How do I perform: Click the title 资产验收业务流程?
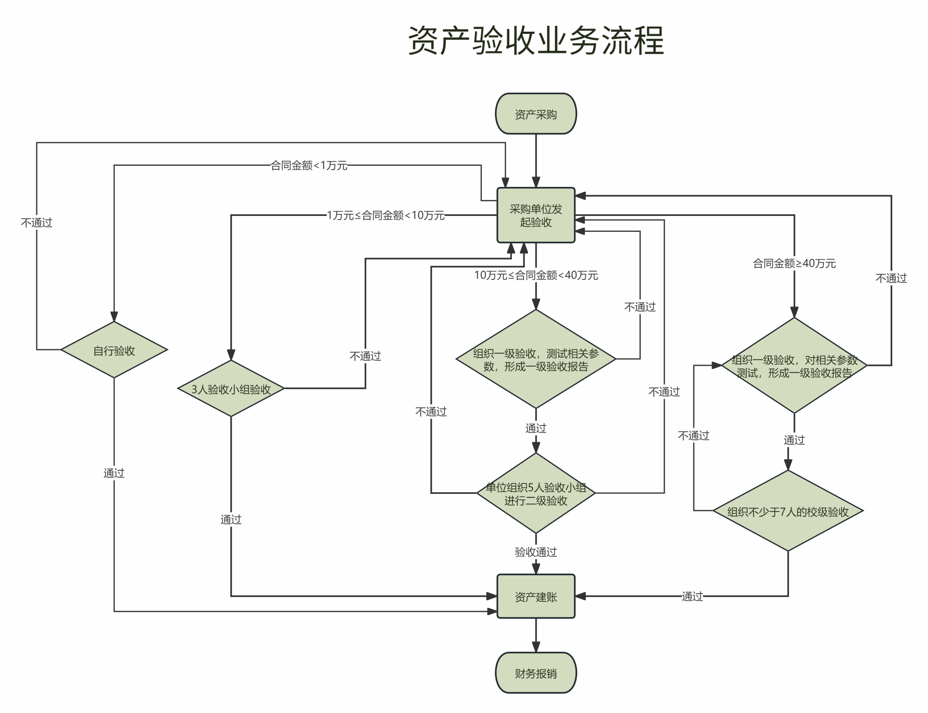(x=536, y=41)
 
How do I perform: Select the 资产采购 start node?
(x=536, y=114)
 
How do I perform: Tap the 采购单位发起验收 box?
(x=536, y=215)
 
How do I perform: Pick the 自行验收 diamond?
(x=114, y=350)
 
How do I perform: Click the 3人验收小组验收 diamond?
(x=231, y=389)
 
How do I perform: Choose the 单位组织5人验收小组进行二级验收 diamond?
(x=536, y=493)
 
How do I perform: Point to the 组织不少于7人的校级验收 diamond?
(x=788, y=512)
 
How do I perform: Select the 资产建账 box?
(x=536, y=597)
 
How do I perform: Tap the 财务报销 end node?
(x=536, y=673)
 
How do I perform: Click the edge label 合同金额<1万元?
(x=309, y=166)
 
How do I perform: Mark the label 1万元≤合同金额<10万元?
(x=386, y=215)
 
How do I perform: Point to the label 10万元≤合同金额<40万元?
(x=536, y=275)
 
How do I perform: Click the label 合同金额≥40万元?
(x=794, y=263)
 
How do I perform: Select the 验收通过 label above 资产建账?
(x=536, y=552)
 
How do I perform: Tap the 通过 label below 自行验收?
(x=114, y=473)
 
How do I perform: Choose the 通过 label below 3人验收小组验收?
(x=231, y=519)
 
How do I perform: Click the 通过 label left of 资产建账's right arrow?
(x=692, y=597)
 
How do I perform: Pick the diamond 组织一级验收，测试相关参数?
(x=536, y=360)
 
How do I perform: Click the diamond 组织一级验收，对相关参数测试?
(x=794, y=366)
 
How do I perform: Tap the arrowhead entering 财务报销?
(x=536, y=647)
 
